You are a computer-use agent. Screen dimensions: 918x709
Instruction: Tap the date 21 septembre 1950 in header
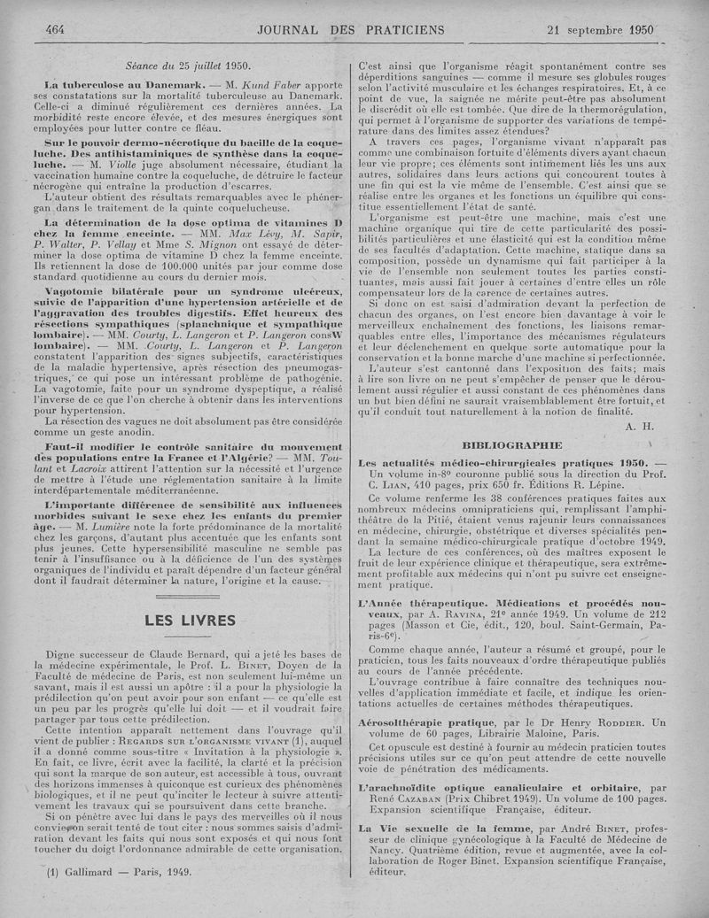point(600,28)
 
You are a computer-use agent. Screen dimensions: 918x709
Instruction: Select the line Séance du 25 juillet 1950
point(189,65)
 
